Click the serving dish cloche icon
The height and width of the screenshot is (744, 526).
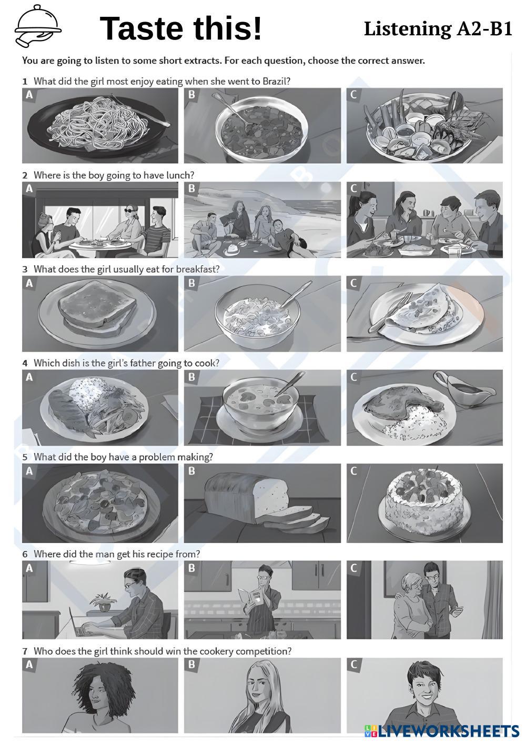click(x=38, y=26)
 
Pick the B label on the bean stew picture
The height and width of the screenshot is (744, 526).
click(x=191, y=95)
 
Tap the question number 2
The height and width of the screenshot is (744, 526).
click(x=25, y=175)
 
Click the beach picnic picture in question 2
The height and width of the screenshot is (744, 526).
click(x=262, y=219)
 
